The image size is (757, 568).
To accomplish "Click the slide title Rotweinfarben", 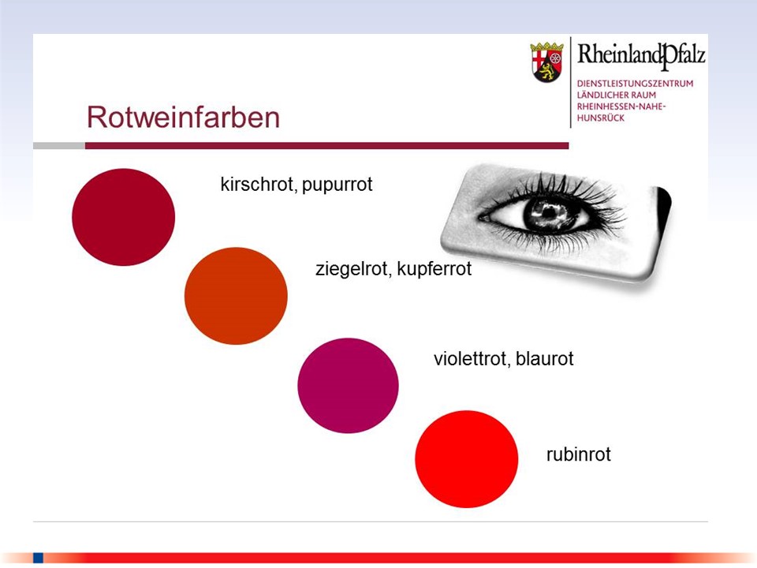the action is click(183, 118).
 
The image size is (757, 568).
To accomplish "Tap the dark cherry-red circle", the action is click(124, 217).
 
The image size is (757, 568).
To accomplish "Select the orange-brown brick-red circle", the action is click(236, 296).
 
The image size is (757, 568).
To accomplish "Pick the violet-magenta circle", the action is click(348, 386).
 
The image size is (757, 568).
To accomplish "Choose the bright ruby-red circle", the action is click(466, 459).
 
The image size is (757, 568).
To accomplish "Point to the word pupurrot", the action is click(337, 185).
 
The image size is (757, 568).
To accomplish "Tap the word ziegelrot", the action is click(353, 269).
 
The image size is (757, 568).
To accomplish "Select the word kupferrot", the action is click(434, 269).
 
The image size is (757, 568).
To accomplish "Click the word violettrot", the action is click(472, 359).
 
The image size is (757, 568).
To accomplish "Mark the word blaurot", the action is click(545, 359).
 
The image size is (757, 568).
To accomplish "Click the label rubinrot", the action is click(578, 454).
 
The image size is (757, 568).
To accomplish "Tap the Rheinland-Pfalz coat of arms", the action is click(547, 62).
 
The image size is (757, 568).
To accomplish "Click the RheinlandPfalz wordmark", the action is click(641, 55).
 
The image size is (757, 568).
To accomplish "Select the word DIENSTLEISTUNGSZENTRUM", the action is click(635, 84).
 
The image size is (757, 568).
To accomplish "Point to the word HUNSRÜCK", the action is click(601, 118).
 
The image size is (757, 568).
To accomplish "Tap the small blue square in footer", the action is click(38, 558).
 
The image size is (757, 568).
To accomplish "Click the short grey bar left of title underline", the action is click(59, 146).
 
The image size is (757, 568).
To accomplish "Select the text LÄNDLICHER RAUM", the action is click(617, 95).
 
